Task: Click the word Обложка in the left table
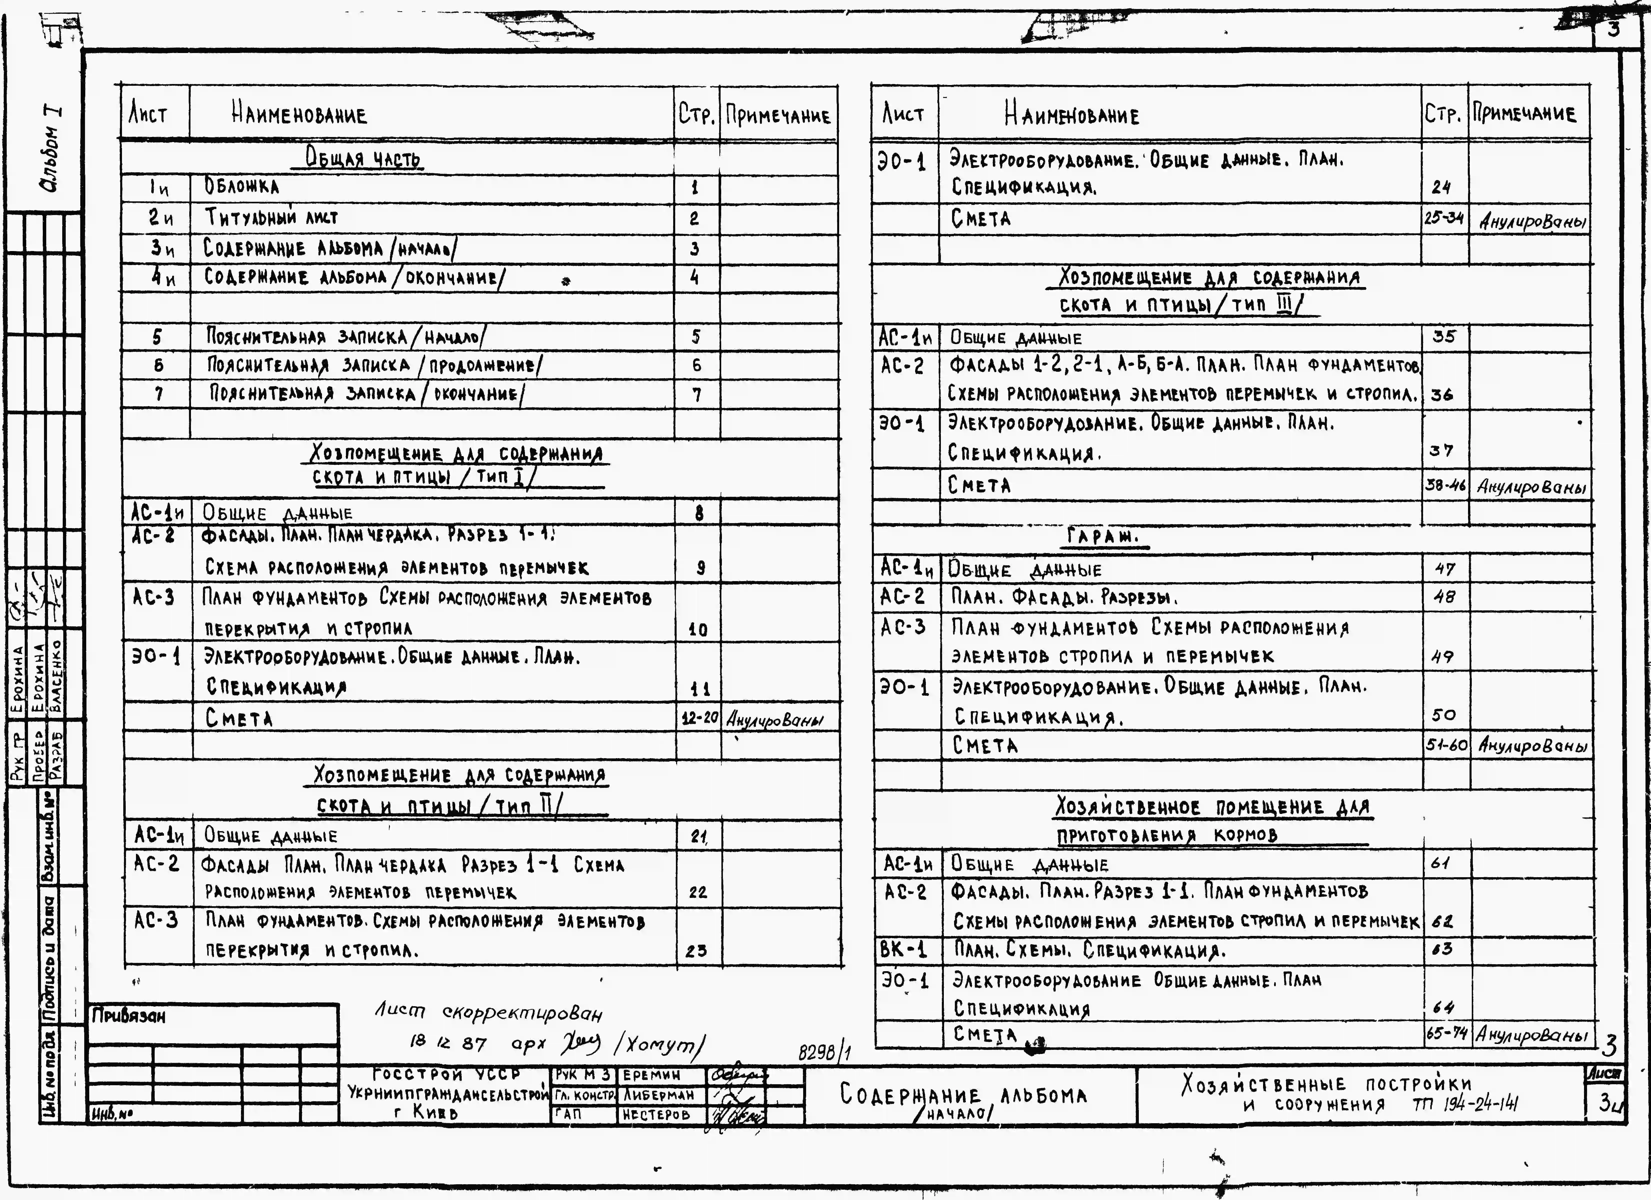241,187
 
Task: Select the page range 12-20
700,718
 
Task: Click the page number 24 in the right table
1441,187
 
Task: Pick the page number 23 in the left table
696,950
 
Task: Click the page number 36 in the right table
1441,395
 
